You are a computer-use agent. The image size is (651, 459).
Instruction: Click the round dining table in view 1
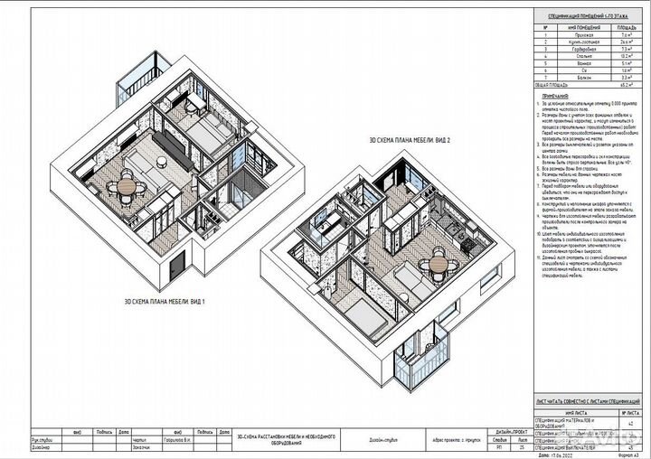click(125, 185)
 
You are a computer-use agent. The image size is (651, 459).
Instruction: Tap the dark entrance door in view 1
click(177, 263)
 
